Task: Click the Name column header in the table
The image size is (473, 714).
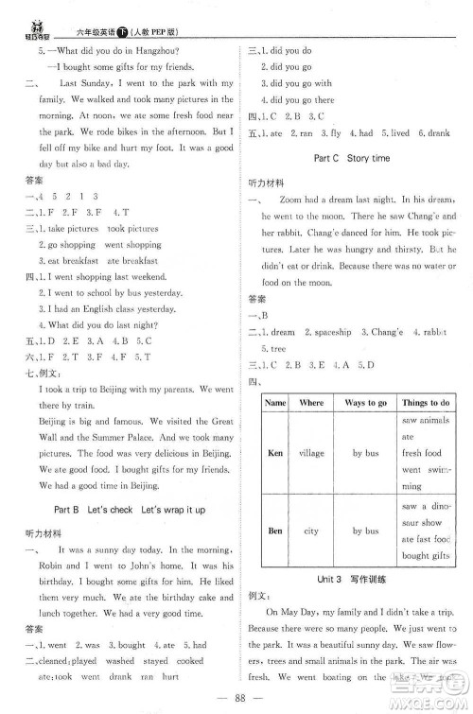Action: coord(275,402)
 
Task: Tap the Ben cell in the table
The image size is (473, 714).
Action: coord(275,531)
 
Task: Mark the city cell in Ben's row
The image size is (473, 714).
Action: coord(311,531)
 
